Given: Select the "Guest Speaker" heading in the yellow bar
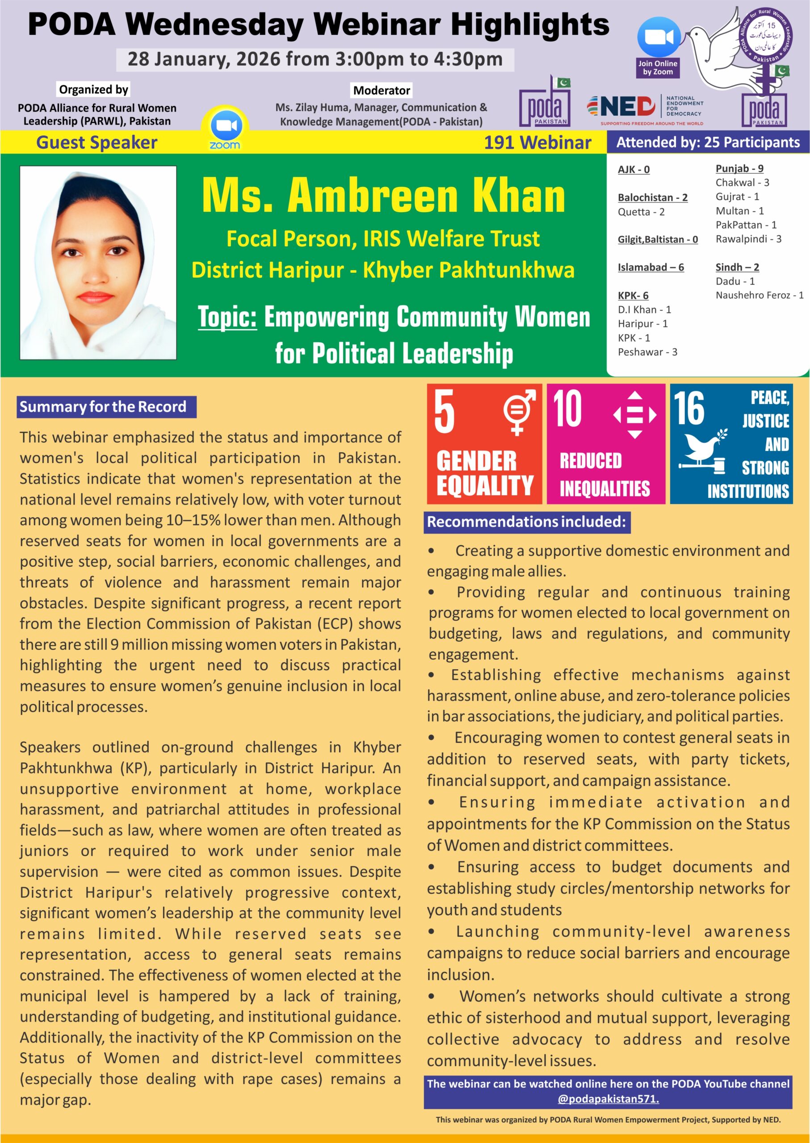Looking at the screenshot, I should (x=97, y=142).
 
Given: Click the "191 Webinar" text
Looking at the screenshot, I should (x=537, y=142).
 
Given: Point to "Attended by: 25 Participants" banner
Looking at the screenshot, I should (x=708, y=142).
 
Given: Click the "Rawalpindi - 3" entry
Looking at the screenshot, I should (x=748, y=239).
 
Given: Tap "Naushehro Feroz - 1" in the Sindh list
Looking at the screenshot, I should (x=759, y=295).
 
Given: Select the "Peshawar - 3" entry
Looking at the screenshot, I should (x=647, y=352).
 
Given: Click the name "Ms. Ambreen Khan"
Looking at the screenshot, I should (x=383, y=196).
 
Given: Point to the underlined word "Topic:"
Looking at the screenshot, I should (x=227, y=317).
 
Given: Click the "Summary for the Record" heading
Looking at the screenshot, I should (x=103, y=407).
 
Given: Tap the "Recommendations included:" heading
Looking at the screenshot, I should (x=526, y=522).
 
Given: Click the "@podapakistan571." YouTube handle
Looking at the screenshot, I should (x=608, y=1099).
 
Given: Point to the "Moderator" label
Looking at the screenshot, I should (x=382, y=90).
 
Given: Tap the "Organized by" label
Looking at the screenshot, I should (x=93, y=89).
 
